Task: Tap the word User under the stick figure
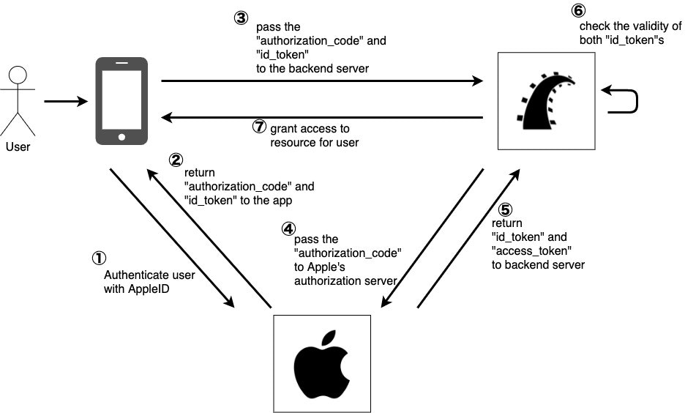click(18, 146)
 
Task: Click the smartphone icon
click(121, 101)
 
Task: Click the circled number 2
click(176, 159)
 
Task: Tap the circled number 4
click(288, 228)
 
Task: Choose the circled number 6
click(578, 11)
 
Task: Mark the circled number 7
click(259, 127)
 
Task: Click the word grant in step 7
click(284, 128)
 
